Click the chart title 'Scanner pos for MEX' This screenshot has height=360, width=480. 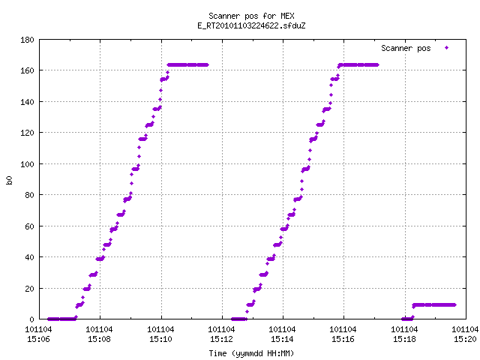click(251, 16)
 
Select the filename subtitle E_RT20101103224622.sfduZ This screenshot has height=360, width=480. click(251, 25)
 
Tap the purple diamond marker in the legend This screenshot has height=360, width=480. click(447, 48)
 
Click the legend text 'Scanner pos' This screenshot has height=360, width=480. click(406, 48)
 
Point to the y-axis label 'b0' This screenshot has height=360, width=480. click(9, 180)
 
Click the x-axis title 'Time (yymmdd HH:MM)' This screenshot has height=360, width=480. click(251, 353)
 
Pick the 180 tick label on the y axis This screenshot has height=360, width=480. click(27, 40)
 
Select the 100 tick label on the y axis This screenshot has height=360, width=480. click(27, 164)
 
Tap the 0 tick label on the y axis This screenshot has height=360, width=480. click(31, 319)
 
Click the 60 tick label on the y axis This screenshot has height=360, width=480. click(29, 226)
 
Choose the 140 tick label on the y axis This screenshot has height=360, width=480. click(27, 102)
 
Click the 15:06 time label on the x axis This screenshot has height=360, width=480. click(38, 339)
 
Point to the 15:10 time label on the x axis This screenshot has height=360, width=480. click(160, 339)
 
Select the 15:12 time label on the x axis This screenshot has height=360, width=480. click(221, 339)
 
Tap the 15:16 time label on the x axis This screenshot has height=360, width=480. click(343, 339)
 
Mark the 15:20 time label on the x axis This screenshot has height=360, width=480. click(465, 339)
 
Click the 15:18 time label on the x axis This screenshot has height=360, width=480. click(404, 339)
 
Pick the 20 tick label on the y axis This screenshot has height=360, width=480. click(29, 289)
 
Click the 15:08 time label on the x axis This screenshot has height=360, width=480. click(99, 339)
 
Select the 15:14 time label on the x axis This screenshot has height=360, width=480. click(282, 339)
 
